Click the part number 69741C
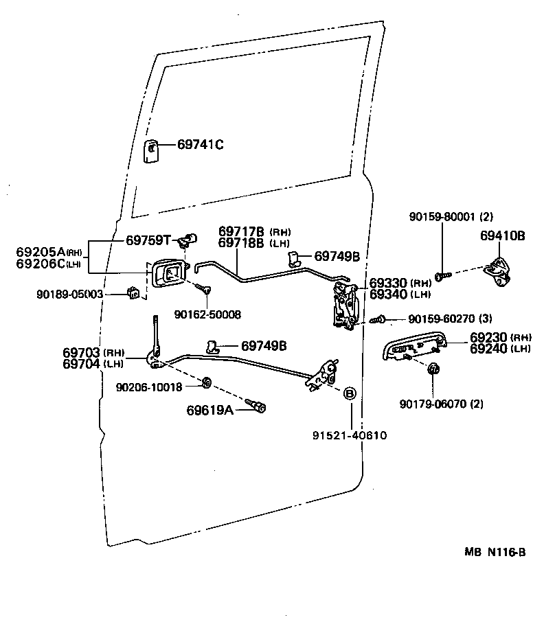pyautogui.click(x=201, y=145)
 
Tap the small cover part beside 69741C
pyautogui.click(x=151, y=152)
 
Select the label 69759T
pyautogui.click(x=148, y=240)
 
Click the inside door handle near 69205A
pyautogui.click(x=169, y=273)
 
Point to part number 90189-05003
pyautogui.click(x=80, y=294)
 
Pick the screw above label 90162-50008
pyautogui.click(x=203, y=288)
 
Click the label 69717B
pyautogui.click(x=242, y=231)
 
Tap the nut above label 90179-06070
pyautogui.click(x=433, y=369)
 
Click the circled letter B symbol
pyautogui.click(x=350, y=393)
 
